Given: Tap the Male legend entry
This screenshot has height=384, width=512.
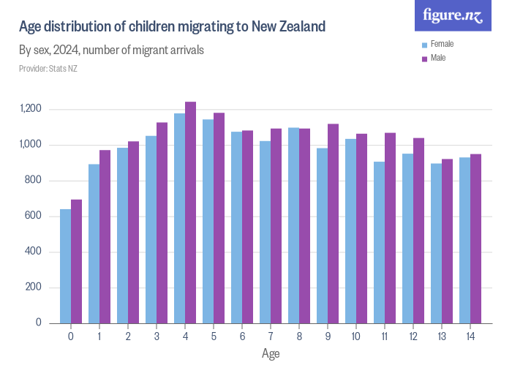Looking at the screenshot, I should pos(437,58).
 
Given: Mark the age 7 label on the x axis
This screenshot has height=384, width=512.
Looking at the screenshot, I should pos(270,337).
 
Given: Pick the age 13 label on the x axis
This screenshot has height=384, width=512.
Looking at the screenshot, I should pos(441,337).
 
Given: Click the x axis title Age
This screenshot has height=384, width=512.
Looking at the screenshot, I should pos(270,353).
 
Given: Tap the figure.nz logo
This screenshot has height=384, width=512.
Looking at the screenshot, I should pos(453,15).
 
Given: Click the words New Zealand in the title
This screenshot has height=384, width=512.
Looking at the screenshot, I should pos(288,27).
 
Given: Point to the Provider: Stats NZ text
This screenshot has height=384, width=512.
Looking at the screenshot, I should pos(48,69).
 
